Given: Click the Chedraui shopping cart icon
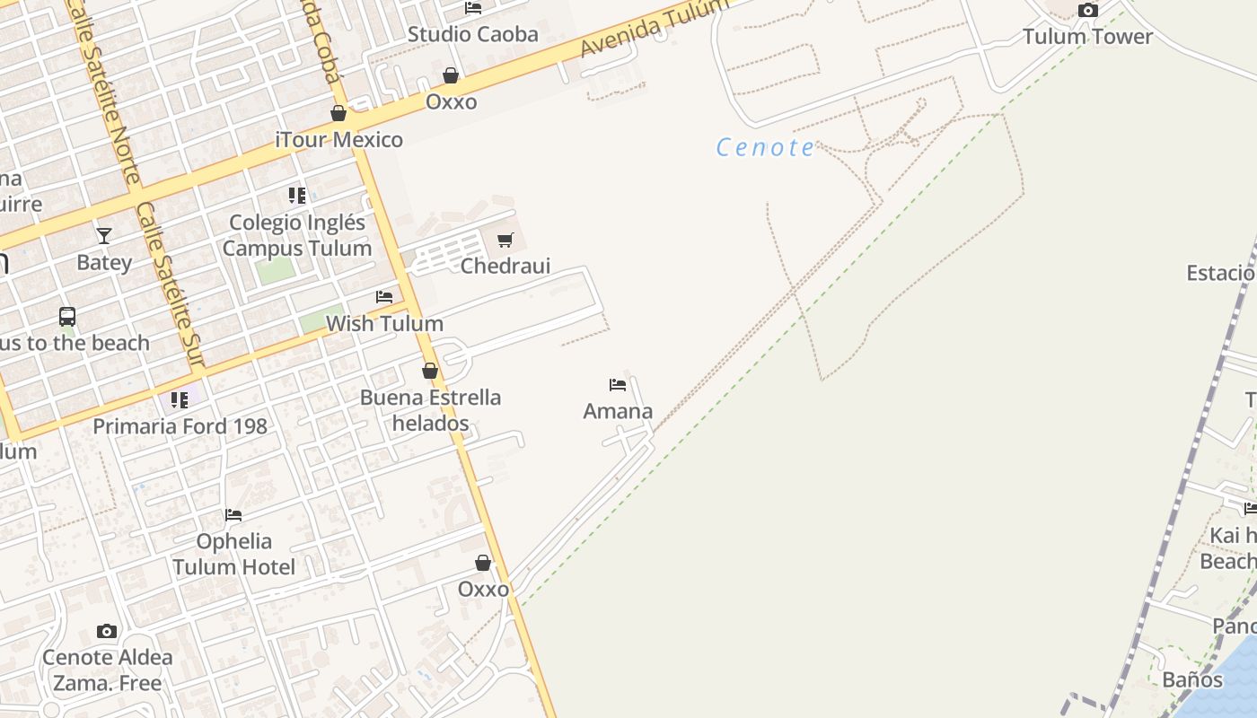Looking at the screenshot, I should pos(505,241).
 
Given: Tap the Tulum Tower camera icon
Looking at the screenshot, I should pos(1087,11).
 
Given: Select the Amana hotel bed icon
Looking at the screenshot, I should pos(618,385).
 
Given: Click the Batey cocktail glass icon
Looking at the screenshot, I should pos(104,236).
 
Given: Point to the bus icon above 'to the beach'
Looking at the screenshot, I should pos(67,317).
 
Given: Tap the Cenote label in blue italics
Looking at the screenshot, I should pos(766,147).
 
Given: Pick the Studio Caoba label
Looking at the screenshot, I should pos(473,35).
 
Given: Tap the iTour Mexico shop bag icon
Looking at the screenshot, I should pos(338,114).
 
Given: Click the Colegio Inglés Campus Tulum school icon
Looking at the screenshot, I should pos(297,196).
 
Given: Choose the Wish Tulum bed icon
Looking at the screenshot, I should pos(384,297).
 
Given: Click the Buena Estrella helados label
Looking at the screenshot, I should pos(430,410).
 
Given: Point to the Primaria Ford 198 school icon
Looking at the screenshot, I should pos(180,400).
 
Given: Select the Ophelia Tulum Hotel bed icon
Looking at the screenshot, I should pos(233,515).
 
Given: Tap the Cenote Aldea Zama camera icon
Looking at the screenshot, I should pos(107,632).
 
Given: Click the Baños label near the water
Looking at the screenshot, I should pos(1192,679).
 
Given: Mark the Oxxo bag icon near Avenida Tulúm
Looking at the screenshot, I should pos(451,76).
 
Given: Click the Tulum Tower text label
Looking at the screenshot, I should pos(1087,37).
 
